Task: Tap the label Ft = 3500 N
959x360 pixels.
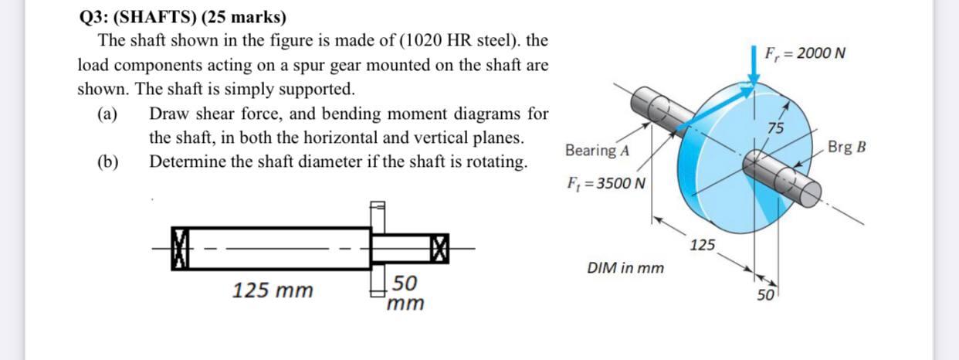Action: (606, 185)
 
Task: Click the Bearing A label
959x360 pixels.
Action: (597, 150)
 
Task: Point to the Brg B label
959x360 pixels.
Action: (845, 147)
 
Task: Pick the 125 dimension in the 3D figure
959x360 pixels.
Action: (703, 246)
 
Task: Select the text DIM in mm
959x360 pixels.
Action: (625, 269)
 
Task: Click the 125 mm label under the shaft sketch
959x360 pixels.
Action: (273, 290)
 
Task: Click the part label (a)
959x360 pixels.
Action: (107, 115)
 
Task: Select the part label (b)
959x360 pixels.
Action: (107, 161)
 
